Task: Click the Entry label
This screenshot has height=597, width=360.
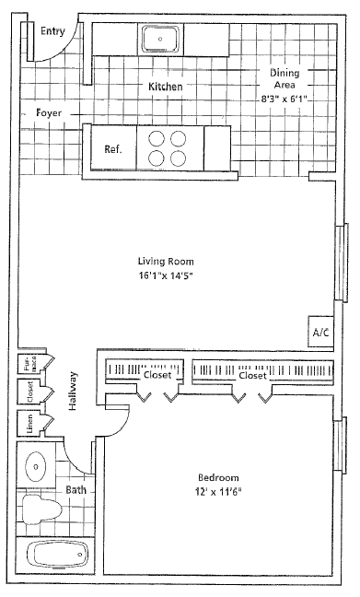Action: pos(52,31)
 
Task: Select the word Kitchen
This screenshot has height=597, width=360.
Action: pos(166,86)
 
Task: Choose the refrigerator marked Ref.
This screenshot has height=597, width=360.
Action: pos(113,148)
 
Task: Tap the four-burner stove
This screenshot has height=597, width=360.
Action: pos(169,147)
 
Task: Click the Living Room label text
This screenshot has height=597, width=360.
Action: pos(164,261)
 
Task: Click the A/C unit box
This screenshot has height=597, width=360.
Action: pos(320,331)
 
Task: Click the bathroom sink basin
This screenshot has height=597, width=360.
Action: pos(37,467)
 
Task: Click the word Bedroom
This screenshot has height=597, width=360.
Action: pos(218,477)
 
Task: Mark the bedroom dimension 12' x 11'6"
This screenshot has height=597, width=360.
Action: pos(218,492)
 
